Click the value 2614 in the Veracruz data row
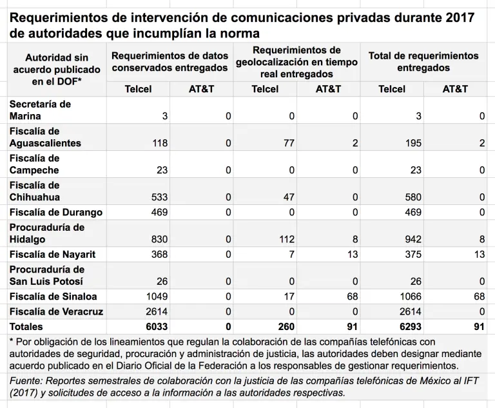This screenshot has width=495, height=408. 157,311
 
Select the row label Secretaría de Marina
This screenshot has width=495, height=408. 40,110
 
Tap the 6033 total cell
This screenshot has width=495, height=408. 157,327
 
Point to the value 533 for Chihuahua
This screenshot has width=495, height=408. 159,197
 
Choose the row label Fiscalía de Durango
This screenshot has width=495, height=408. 56,213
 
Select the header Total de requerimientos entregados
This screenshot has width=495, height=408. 423,61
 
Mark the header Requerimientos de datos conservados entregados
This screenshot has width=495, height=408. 170,61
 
